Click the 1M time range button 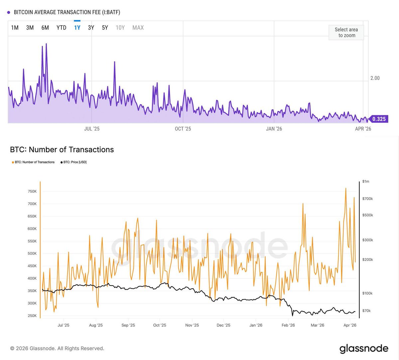tap(15, 28)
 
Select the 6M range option tap(45, 28)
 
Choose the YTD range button tap(62, 28)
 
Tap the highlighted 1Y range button tap(77, 28)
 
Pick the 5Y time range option tap(105, 28)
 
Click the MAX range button tap(138, 28)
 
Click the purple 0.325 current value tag tap(378, 119)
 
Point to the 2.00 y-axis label tap(375, 78)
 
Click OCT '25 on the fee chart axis tap(183, 129)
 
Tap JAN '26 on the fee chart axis tap(274, 129)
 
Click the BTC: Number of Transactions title tap(62, 150)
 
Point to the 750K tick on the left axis tap(32, 192)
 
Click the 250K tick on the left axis tap(32, 316)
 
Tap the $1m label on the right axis tap(366, 182)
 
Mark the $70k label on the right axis tap(366, 311)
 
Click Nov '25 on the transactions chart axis tap(192, 325)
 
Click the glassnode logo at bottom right tap(364, 349)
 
